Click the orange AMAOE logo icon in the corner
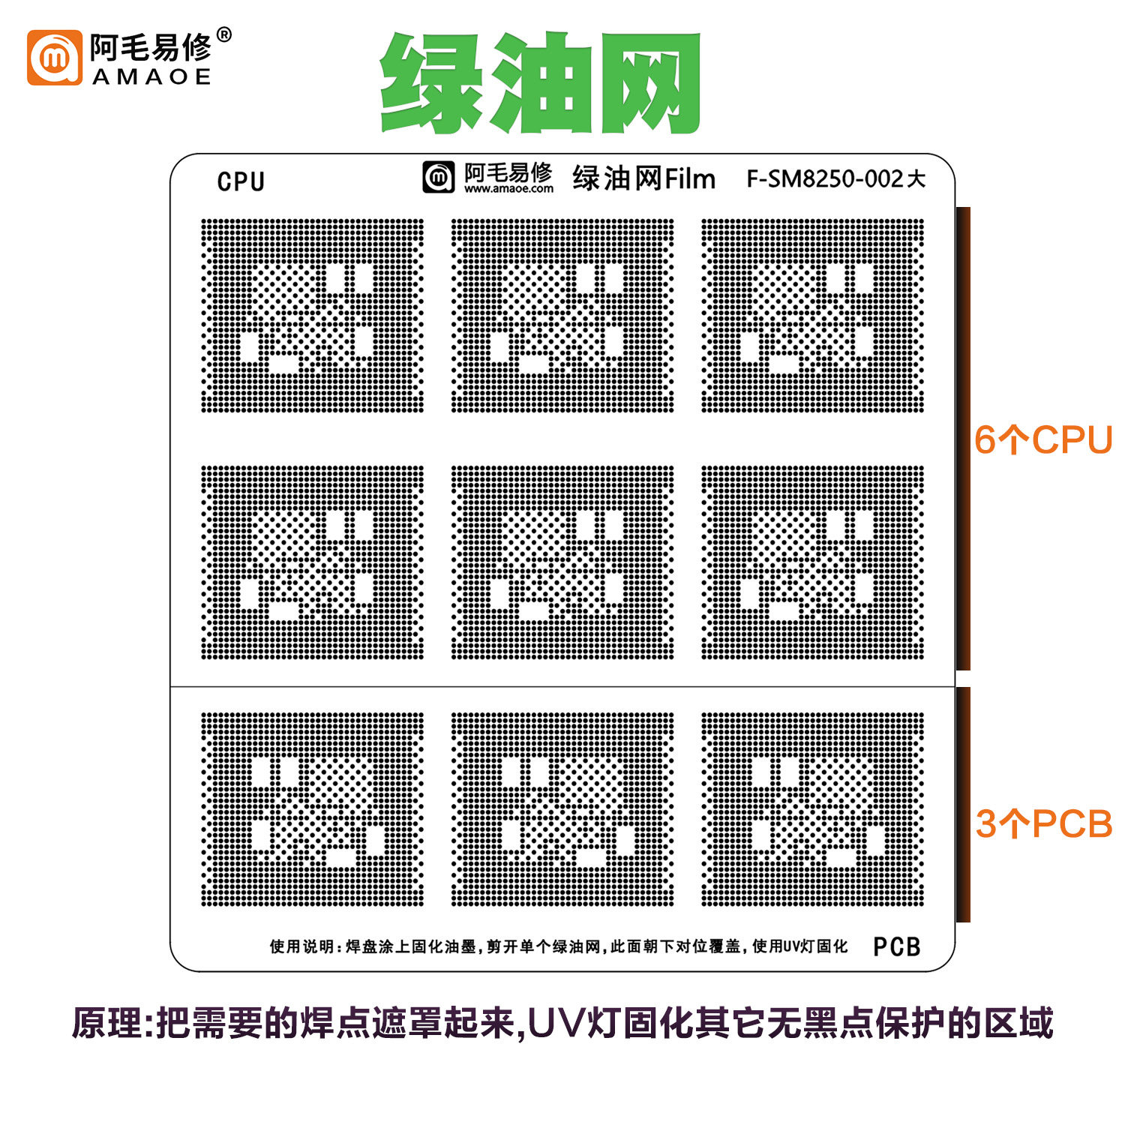coord(54,58)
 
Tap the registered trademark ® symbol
coord(223,34)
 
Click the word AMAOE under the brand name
coord(151,77)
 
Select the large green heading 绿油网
coord(540,82)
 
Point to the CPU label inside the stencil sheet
coord(241,181)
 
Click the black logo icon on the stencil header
coord(439,177)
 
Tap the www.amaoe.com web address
coord(508,189)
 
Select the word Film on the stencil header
coord(690,179)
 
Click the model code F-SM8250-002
coord(825,178)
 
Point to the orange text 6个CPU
coord(1043,440)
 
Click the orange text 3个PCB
coord(1044,824)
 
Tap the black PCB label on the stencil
coord(897,946)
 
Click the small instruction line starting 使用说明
coord(559,946)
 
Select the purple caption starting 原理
coord(562,1023)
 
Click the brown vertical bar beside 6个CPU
coord(963,439)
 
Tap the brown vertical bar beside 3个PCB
coord(963,805)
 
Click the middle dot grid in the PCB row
coord(562,809)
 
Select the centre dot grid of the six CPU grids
coord(562,562)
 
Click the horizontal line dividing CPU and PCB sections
coord(562,686)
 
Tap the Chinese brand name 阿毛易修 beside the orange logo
coord(151,48)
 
